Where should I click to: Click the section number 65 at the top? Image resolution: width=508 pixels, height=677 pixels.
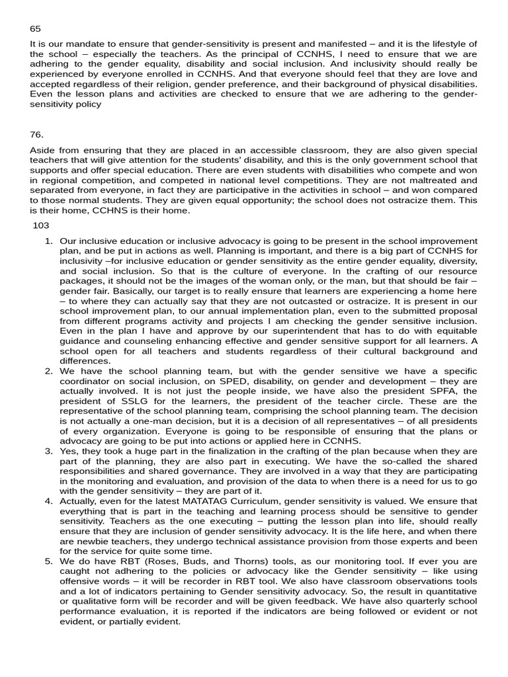click(x=35, y=29)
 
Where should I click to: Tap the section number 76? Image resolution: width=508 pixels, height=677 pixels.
click(x=36, y=134)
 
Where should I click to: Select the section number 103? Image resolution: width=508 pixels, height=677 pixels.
click(x=41, y=225)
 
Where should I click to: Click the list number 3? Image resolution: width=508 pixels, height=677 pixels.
click(x=48, y=451)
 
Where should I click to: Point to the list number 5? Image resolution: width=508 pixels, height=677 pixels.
click(x=48, y=561)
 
